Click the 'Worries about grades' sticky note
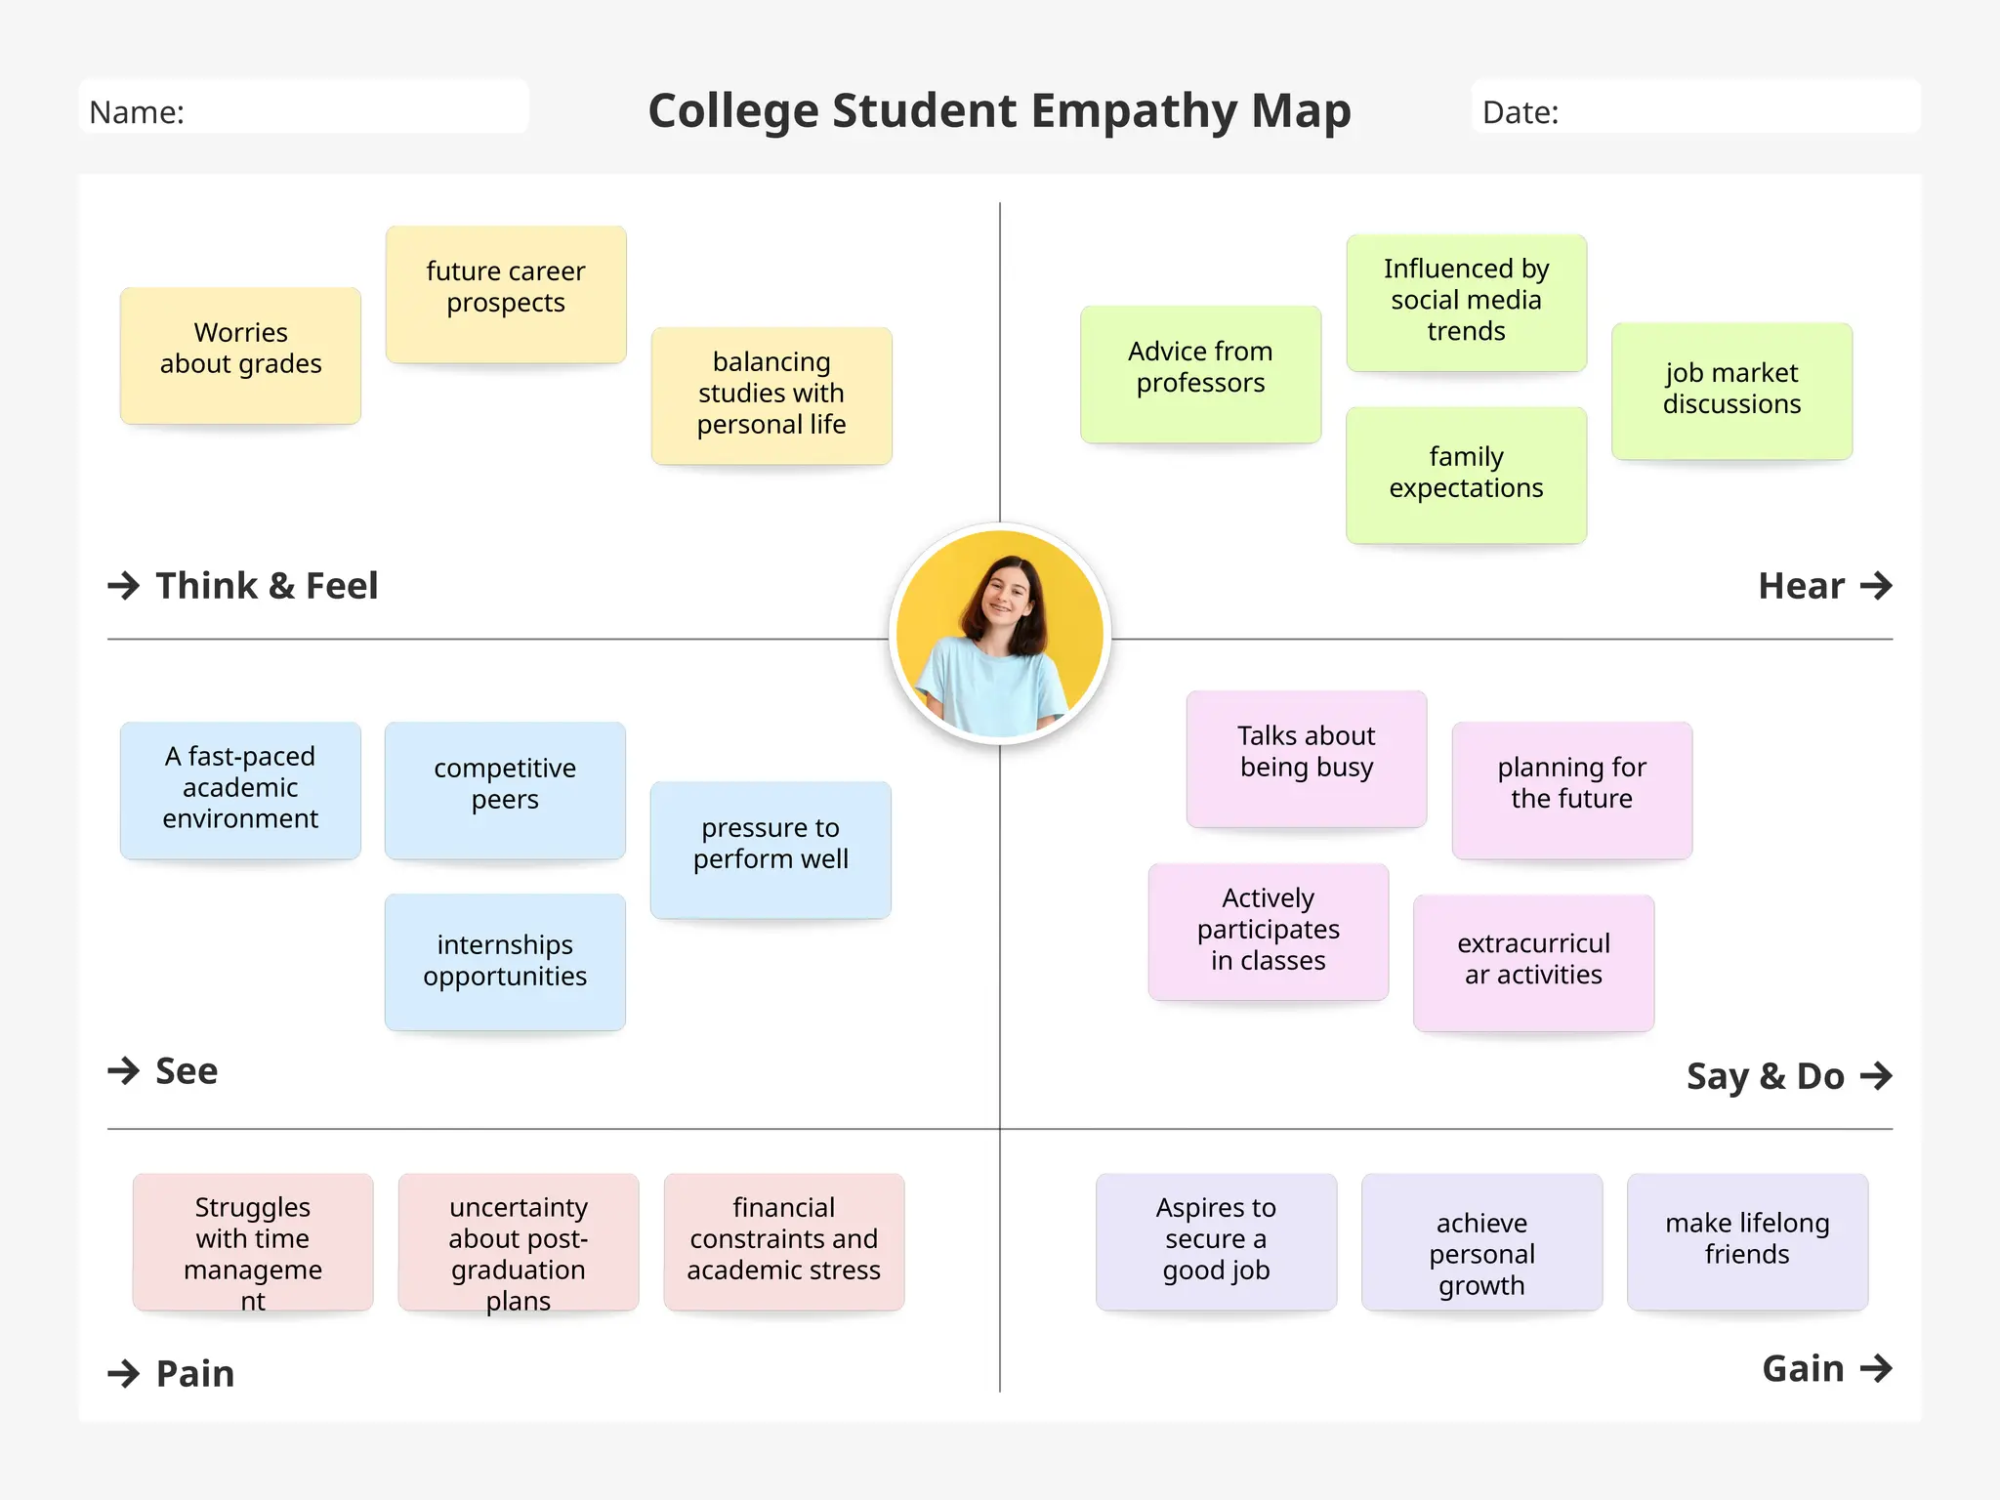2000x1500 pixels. click(240, 354)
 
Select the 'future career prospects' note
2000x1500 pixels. click(506, 294)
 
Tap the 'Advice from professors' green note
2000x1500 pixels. click(1200, 373)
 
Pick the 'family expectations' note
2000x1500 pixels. click(1466, 475)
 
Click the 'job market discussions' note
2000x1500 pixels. click(1731, 391)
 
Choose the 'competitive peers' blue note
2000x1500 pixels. click(505, 790)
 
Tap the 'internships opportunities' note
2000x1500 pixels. click(505, 962)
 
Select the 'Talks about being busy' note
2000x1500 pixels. click(1307, 759)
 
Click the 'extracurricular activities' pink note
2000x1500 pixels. click(1533, 962)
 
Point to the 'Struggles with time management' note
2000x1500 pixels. click(253, 1242)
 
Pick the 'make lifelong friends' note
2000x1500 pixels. click(1747, 1242)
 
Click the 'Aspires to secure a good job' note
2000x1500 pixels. click(1216, 1242)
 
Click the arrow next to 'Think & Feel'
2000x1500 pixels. click(124, 586)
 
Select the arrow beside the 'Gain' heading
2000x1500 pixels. click(1876, 1368)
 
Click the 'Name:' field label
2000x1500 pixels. click(137, 113)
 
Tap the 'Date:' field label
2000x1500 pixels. click(1521, 113)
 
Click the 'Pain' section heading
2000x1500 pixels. click(195, 1374)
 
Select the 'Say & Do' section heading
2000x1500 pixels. click(1765, 1076)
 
